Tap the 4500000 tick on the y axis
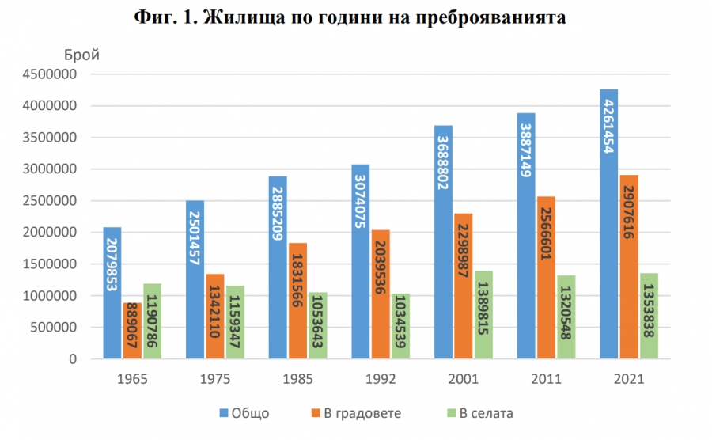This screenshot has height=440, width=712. (x=49, y=74)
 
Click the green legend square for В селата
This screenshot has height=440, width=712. (x=452, y=412)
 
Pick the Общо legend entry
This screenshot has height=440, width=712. (x=246, y=412)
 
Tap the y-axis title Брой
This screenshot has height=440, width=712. (x=81, y=55)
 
